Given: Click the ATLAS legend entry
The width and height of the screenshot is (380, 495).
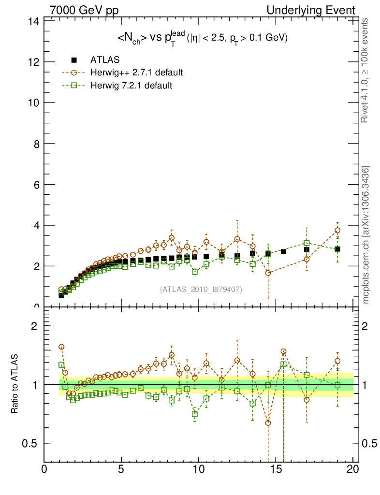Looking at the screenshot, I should point(104,60).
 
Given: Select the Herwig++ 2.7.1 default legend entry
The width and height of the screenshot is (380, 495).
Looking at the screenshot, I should point(136,73).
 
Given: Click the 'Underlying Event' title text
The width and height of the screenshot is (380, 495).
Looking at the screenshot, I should point(318,10).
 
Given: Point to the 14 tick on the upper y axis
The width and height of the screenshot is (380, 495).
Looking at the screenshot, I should point(33,21).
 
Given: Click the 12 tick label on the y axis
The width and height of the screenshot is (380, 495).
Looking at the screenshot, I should point(33,62).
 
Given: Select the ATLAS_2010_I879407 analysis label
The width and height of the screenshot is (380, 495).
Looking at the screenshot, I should point(201,289).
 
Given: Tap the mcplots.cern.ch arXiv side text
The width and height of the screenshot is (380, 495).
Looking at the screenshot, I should point(366,235).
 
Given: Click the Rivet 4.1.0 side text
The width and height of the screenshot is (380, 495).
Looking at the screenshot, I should point(366,71).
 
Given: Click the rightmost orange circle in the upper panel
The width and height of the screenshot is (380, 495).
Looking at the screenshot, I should point(337,231).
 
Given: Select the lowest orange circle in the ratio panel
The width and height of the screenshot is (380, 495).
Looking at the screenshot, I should point(268,423).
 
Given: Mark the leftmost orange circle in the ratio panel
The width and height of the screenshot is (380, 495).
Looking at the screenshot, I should point(61,347).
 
